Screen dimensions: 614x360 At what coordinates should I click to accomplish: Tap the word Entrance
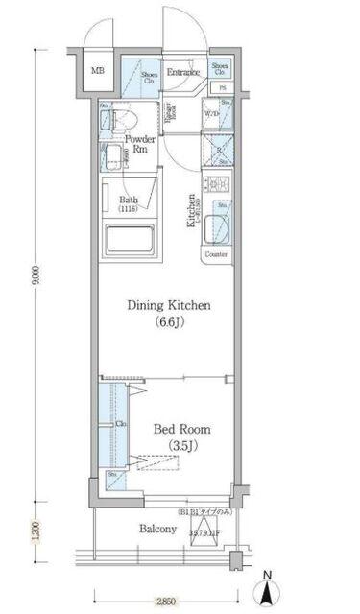pos(182,72)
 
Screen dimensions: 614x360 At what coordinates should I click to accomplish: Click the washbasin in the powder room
pos(112,159)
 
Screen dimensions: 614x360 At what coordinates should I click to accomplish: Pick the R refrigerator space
pos(217,150)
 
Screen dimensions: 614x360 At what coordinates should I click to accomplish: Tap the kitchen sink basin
pos(217,227)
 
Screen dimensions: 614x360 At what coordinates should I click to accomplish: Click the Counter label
pos(216,255)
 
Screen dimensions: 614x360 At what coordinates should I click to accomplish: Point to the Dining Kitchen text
pos(169,306)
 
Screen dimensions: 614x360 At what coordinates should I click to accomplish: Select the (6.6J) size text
pos(169,323)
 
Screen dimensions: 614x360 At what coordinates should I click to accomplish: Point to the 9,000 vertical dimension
pos(36,278)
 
